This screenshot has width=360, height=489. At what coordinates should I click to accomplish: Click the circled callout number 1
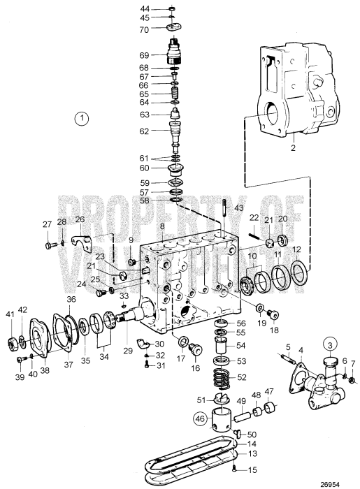pyautogui.click(x=83, y=118)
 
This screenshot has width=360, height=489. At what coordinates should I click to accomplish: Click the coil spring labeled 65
pyautogui.click(x=175, y=94)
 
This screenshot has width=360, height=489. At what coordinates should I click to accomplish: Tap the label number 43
pyautogui.click(x=238, y=209)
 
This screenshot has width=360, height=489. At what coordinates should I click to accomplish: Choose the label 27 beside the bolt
pyautogui.click(x=47, y=224)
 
